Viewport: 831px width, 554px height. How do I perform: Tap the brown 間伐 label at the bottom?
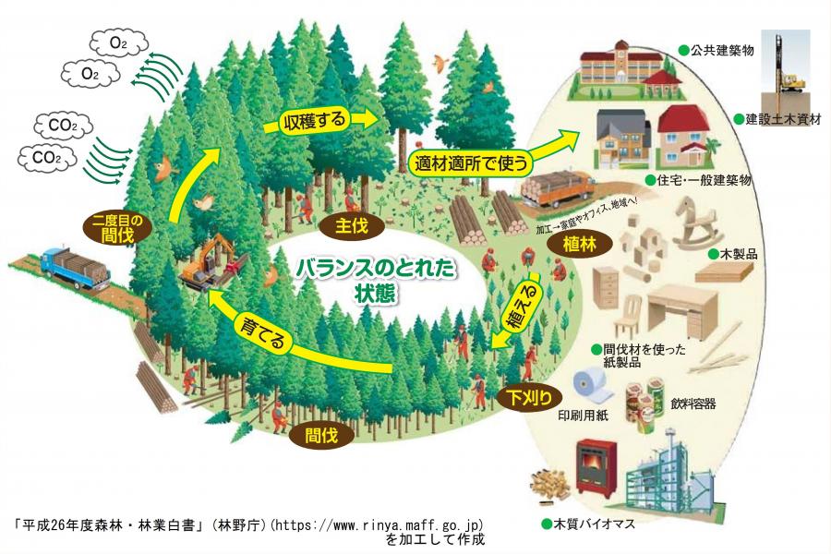pos(320,434)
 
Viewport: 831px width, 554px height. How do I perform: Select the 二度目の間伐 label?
pos(114,227)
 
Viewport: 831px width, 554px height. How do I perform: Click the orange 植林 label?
pos(575,244)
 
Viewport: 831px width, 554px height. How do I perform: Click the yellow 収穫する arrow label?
pos(315,121)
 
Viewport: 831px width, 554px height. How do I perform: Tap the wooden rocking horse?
pos(696,225)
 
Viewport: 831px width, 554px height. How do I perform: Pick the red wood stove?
pos(596,466)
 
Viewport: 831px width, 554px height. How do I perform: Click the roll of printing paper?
pos(584,389)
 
